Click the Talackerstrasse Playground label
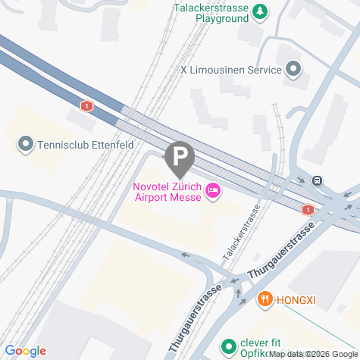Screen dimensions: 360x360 tap(211, 12)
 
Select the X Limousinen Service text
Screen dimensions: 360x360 tap(230, 70)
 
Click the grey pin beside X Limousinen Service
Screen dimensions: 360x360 tap(293, 70)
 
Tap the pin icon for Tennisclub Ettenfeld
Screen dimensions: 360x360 tap(26, 142)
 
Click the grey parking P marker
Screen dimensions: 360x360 tap(180, 158)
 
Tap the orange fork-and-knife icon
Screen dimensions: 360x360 tap(265, 299)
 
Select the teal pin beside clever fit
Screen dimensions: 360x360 tap(228, 347)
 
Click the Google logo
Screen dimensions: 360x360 tap(24, 351)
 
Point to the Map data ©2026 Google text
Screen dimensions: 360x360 tap(312, 354)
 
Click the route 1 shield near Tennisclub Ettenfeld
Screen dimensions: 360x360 tap(88, 106)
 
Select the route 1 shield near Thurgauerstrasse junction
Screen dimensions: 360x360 tap(308, 209)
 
